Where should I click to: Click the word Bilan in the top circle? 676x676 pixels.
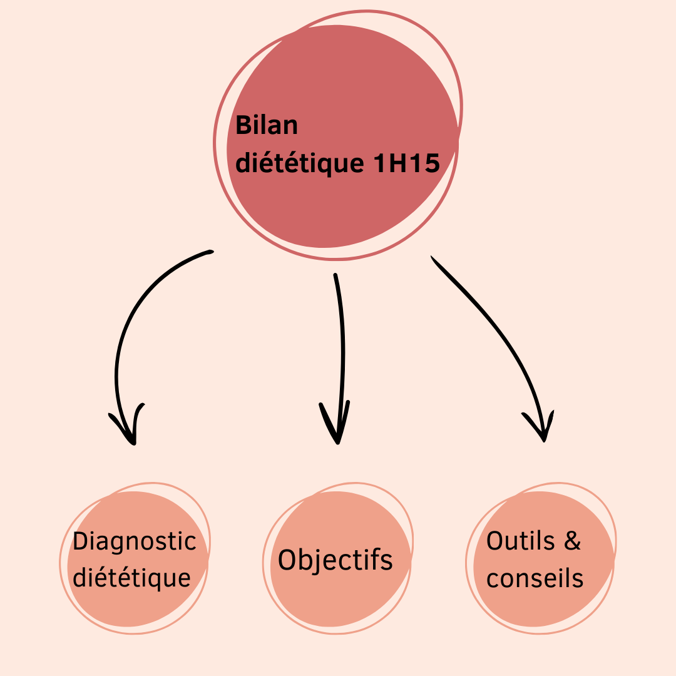(267, 126)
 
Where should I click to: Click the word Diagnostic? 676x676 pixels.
(135, 541)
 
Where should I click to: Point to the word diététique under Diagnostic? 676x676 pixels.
(132, 577)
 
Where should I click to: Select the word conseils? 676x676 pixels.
(535, 578)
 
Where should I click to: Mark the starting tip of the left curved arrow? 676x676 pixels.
(210, 252)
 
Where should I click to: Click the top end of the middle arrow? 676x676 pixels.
(335, 275)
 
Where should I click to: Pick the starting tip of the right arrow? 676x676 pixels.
(432, 257)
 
